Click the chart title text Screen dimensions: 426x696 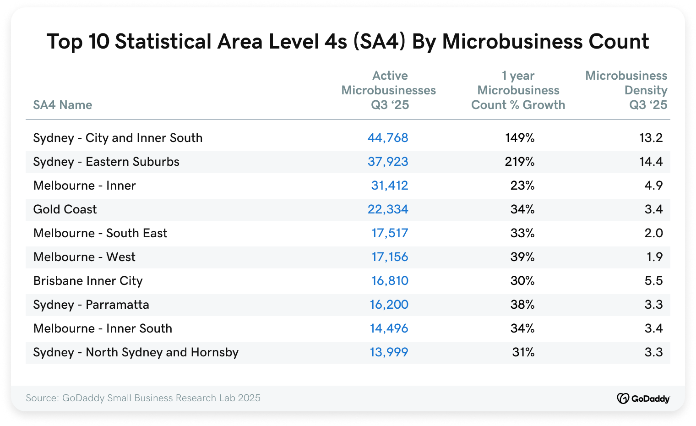348,41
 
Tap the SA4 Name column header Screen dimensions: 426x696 63,105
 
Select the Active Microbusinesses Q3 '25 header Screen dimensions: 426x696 389,90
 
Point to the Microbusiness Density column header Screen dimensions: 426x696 626,90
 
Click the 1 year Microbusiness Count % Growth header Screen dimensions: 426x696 518,90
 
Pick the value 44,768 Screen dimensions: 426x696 387,138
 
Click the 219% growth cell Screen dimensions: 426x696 520,162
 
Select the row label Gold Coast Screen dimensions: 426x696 65,209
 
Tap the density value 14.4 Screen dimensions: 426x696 651,162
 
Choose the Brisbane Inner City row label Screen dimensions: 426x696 88,281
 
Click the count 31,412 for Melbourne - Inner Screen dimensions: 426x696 389,186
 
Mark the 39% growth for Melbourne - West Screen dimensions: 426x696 522,257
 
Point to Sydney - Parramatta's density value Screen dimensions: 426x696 653,305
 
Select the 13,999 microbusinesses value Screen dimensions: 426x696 389,352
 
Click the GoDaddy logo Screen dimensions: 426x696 643,399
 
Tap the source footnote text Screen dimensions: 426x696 143,398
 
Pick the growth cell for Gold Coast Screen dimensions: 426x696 522,209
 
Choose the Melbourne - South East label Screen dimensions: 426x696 100,233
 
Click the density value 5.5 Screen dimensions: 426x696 653,281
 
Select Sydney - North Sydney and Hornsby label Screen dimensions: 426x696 136,352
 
